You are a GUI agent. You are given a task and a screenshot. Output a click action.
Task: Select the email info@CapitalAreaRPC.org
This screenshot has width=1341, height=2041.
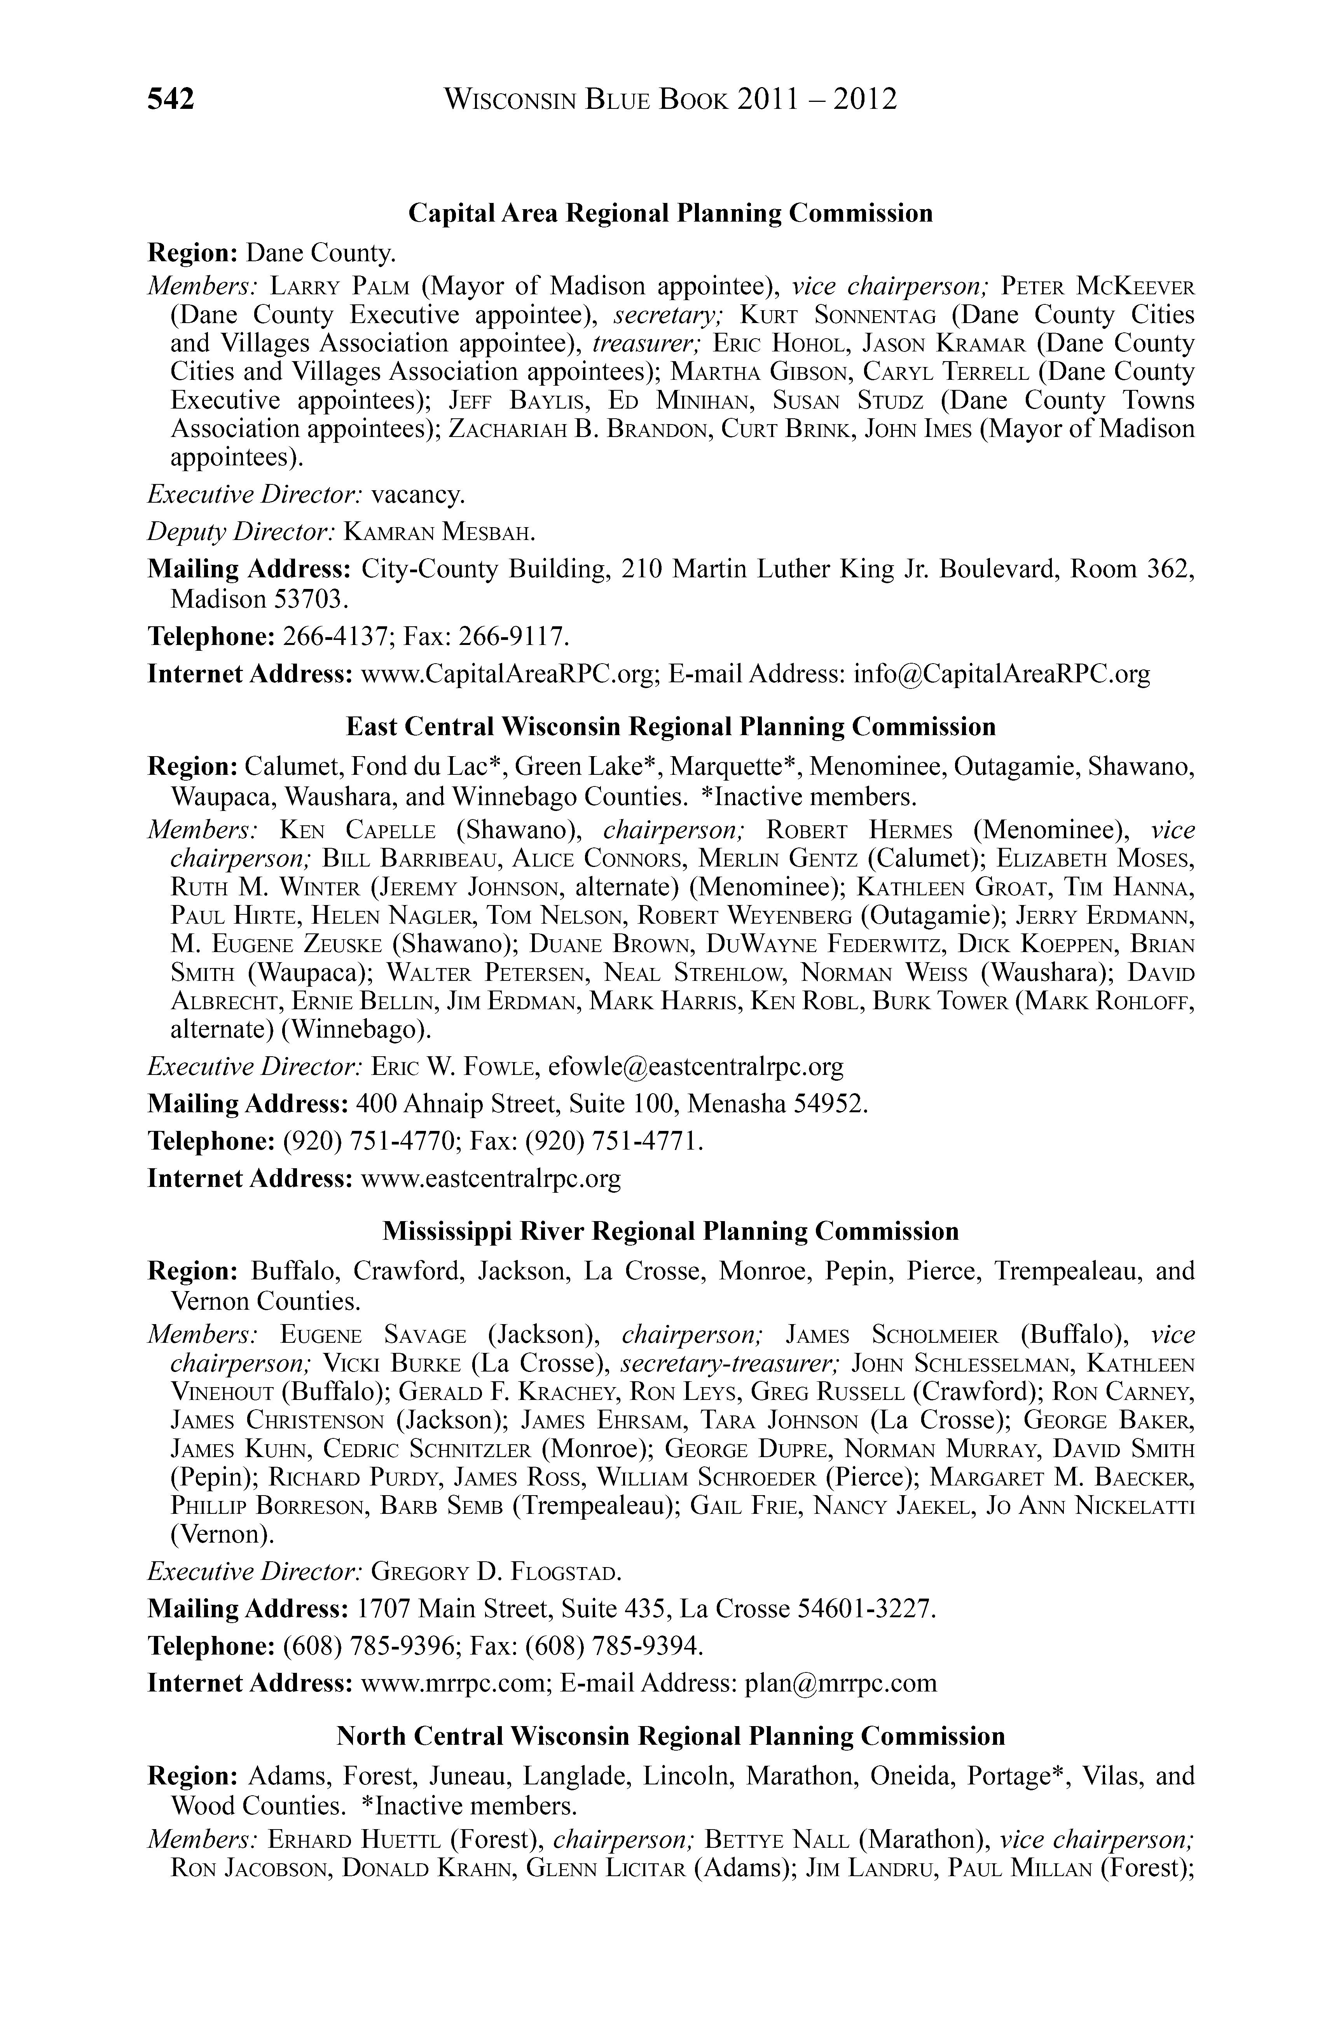(x=1001, y=674)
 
